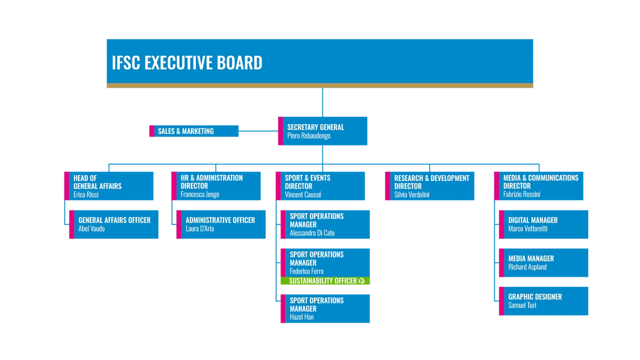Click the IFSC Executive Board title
[186, 63]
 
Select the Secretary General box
[323, 131]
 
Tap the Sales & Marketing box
[194, 131]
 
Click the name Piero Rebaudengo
[308, 136]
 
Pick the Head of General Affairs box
[109, 186]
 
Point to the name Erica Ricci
[86, 194]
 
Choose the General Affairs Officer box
[114, 224]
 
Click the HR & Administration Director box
[216, 186]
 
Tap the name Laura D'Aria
[199, 228]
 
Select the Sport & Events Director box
[320, 186]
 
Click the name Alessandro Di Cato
[312, 233]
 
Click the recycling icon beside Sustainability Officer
[361, 281]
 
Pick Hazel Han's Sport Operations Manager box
[325, 308]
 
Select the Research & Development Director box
[430, 186]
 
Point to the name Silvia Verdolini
[411, 194]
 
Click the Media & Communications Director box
[539, 186]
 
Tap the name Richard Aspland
[527, 267]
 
